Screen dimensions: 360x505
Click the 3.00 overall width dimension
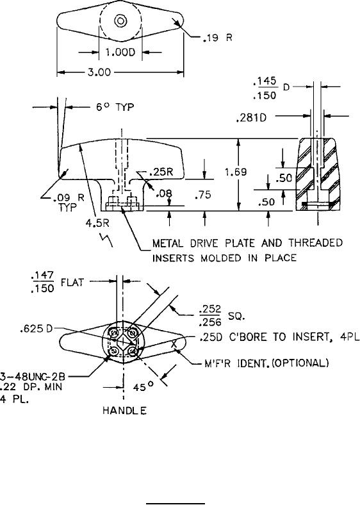pyautogui.click(x=99, y=72)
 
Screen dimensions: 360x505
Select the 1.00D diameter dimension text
pyautogui.click(x=120, y=52)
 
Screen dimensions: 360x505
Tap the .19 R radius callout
pyautogui.click(x=217, y=38)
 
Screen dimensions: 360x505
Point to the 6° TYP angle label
pyautogui.click(x=115, y=107)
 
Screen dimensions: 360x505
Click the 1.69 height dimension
pyautogui.click(x=236, y=172)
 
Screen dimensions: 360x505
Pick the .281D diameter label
pyautogui.click(x=251, y=118)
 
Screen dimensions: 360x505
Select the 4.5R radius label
pyautogui.click(x=97, y=223)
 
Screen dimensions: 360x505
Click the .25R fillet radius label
pyautogui.click(x=161, y=172)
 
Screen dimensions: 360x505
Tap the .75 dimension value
pyautogui.click(x=203, y=195)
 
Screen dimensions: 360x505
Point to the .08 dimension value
pyautogui.click(x=164, y=194)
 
